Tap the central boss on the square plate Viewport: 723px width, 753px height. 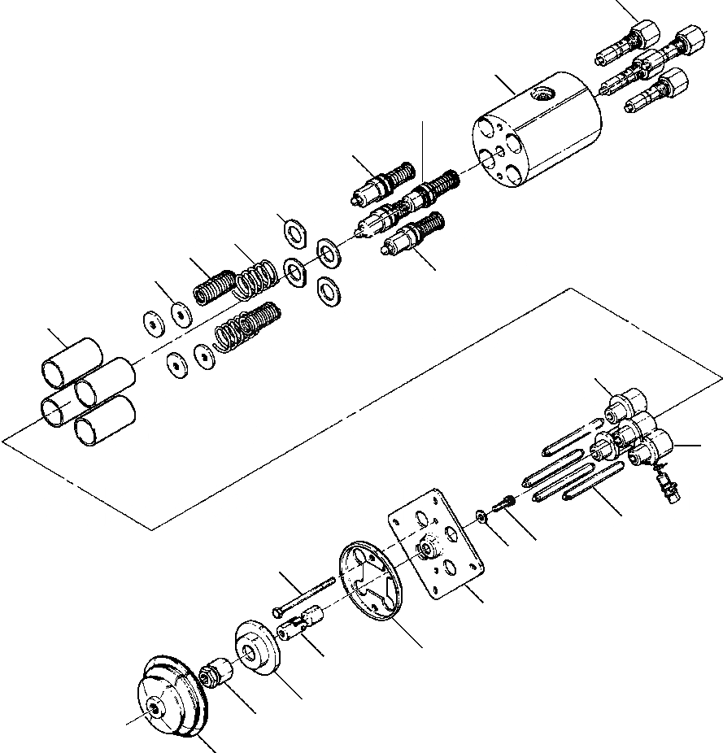tap(424, 550)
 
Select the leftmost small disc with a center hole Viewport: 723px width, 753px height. tap(152, 323)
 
